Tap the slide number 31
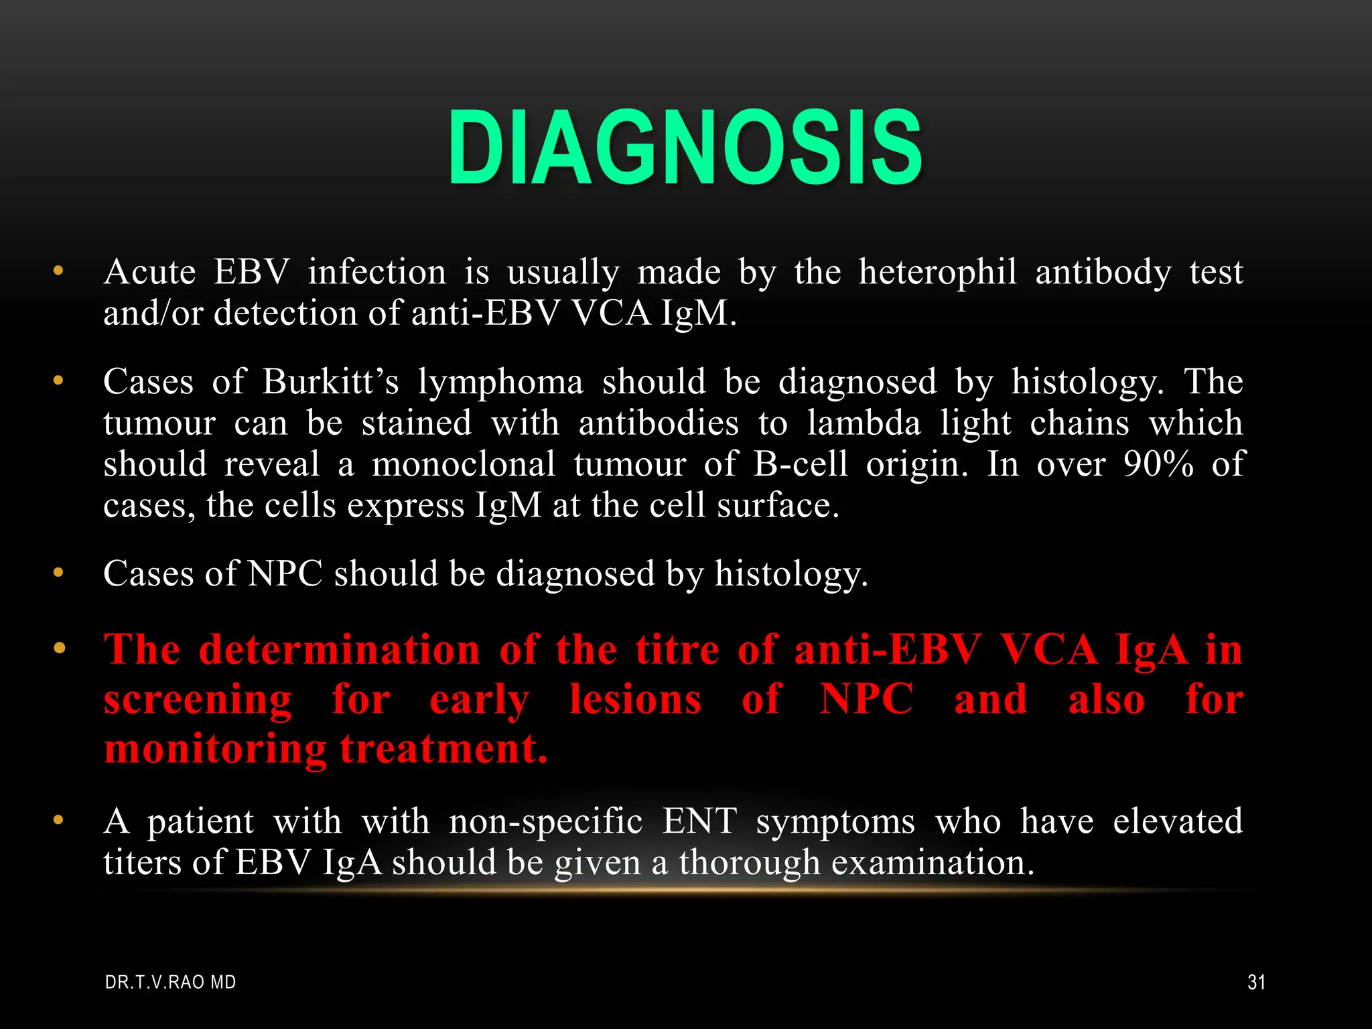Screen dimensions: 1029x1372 click(x=1256, y=982)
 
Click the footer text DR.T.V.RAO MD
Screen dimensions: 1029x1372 click(x=171, y=982)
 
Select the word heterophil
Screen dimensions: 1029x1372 click(x=937, y=272)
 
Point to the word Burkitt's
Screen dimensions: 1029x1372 click(x=330, y=382)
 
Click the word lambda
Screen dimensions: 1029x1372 click(x=864, y=423)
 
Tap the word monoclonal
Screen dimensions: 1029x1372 click(x=464, y=464)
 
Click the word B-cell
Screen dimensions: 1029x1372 click(x=801, y=464)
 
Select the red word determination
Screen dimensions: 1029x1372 click(x=340, y=649)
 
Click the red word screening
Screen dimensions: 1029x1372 click(x=198, y=699)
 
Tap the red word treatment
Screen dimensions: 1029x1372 click(x=443, y=748)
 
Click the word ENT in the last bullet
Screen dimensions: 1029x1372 click(x=699, y=821)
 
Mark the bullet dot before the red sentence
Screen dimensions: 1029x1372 click(x=59, y=648)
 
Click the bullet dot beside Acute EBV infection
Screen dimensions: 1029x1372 click(x=59, y=271)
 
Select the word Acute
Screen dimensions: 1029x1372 click(x=150, y=272)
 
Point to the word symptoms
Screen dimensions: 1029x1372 click(x=835, y=822)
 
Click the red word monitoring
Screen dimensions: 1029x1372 click(x=215, y=749)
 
